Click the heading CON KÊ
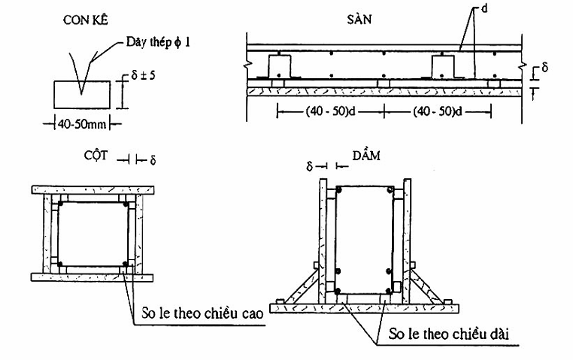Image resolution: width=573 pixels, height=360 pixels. [86, 20]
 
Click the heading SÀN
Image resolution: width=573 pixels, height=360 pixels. [359, 19]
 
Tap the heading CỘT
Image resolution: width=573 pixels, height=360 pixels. [96, 156]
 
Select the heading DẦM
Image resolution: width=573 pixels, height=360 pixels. [366, 156]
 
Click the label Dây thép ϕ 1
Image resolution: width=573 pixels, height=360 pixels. [157, 42]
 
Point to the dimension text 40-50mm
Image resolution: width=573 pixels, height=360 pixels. [82, 124]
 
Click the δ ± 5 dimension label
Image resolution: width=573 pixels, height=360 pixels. [143, 76]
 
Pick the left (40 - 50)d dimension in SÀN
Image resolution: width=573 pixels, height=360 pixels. [331, 111]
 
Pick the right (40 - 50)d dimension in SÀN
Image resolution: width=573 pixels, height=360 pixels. [437, 111]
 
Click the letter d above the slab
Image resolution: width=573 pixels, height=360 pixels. [484, 9]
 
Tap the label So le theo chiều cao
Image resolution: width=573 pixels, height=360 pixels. [202, 314]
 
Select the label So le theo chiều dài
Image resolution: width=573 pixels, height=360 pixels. [448, 334]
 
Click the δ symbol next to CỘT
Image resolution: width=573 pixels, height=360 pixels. [153, 160]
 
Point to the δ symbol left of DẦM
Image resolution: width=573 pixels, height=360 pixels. [310, 167]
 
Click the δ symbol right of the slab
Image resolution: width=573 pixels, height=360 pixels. [545, 68]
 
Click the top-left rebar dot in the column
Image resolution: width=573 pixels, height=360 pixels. [60, 203]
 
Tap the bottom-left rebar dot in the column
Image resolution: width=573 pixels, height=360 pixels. [60, 264]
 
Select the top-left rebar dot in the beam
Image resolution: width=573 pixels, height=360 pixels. [339, 190]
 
